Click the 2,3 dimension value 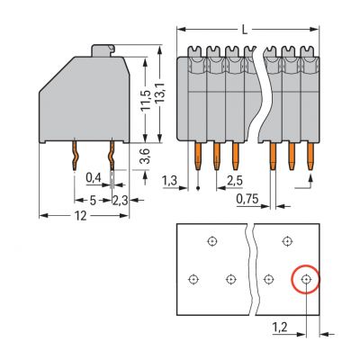tap(120, 200)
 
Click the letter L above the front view tap(245, 30)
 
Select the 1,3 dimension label tap(168, 181)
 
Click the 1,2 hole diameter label tap(281, 330)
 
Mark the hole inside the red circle tap(306, 279)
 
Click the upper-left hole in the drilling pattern tap(211, 240)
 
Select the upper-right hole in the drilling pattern tap(286, 240)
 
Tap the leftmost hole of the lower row tap(193, 279)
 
